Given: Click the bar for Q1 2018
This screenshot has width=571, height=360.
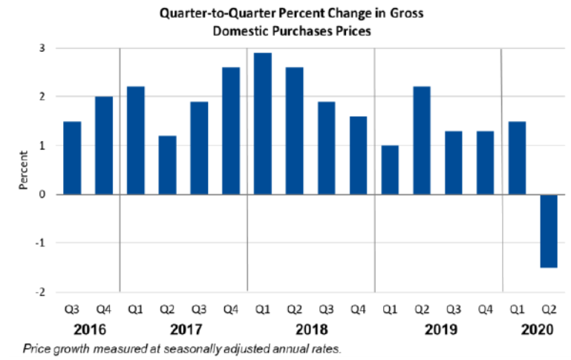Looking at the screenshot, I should pos(263,124).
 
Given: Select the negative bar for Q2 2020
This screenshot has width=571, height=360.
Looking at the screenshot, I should pos(549,230).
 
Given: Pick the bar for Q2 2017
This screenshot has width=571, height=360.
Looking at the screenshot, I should pos(167,165).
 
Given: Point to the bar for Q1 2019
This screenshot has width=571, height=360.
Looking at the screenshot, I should pos(390,170).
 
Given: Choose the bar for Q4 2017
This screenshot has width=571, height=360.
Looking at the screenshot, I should pos(231,131).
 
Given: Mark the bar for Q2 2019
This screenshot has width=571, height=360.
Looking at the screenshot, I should pos(422,140).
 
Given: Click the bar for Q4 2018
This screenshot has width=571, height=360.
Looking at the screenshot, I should pos(358,155).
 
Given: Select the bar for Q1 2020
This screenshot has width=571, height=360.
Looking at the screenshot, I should pos(517,157).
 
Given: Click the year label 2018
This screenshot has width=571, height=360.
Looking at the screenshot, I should pos(310,327).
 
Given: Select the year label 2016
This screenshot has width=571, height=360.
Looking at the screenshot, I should pos(88,327).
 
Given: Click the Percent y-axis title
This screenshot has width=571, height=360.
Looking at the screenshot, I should pos(22,170).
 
